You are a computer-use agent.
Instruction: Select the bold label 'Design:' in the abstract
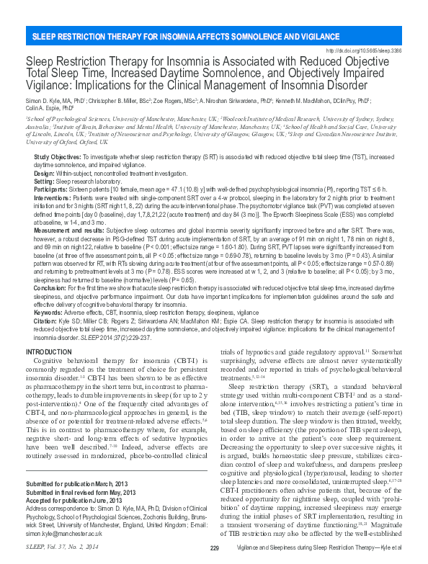coord(45,173)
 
